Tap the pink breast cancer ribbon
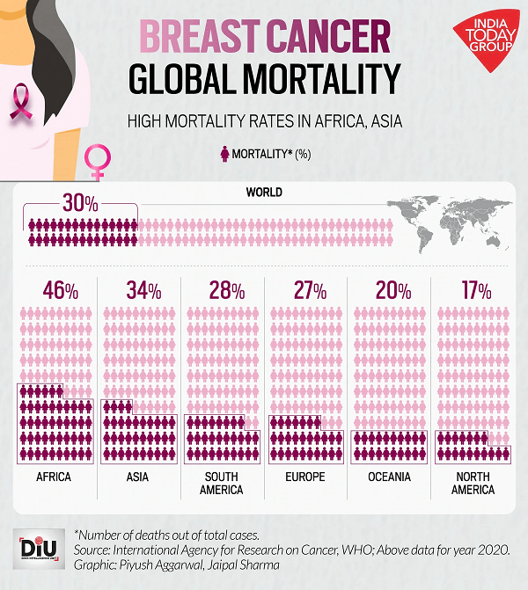pyautogui.click(x=21, y=102)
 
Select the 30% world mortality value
pyautogui.click(x=79, y=203)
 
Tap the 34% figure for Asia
pyautogui.click(x=143, y=289)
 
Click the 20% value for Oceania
pyautogui.click(x=392, y=289)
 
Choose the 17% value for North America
pyautogui.click(x=474, y=289)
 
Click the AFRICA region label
pyautogui.click(x=54, y=477)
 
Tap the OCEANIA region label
pyautogui.click(x=389, y=477)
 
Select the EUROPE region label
pyautogui.click(x=305, y=477)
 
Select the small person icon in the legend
pyautogui.click(x=224, y=154)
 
